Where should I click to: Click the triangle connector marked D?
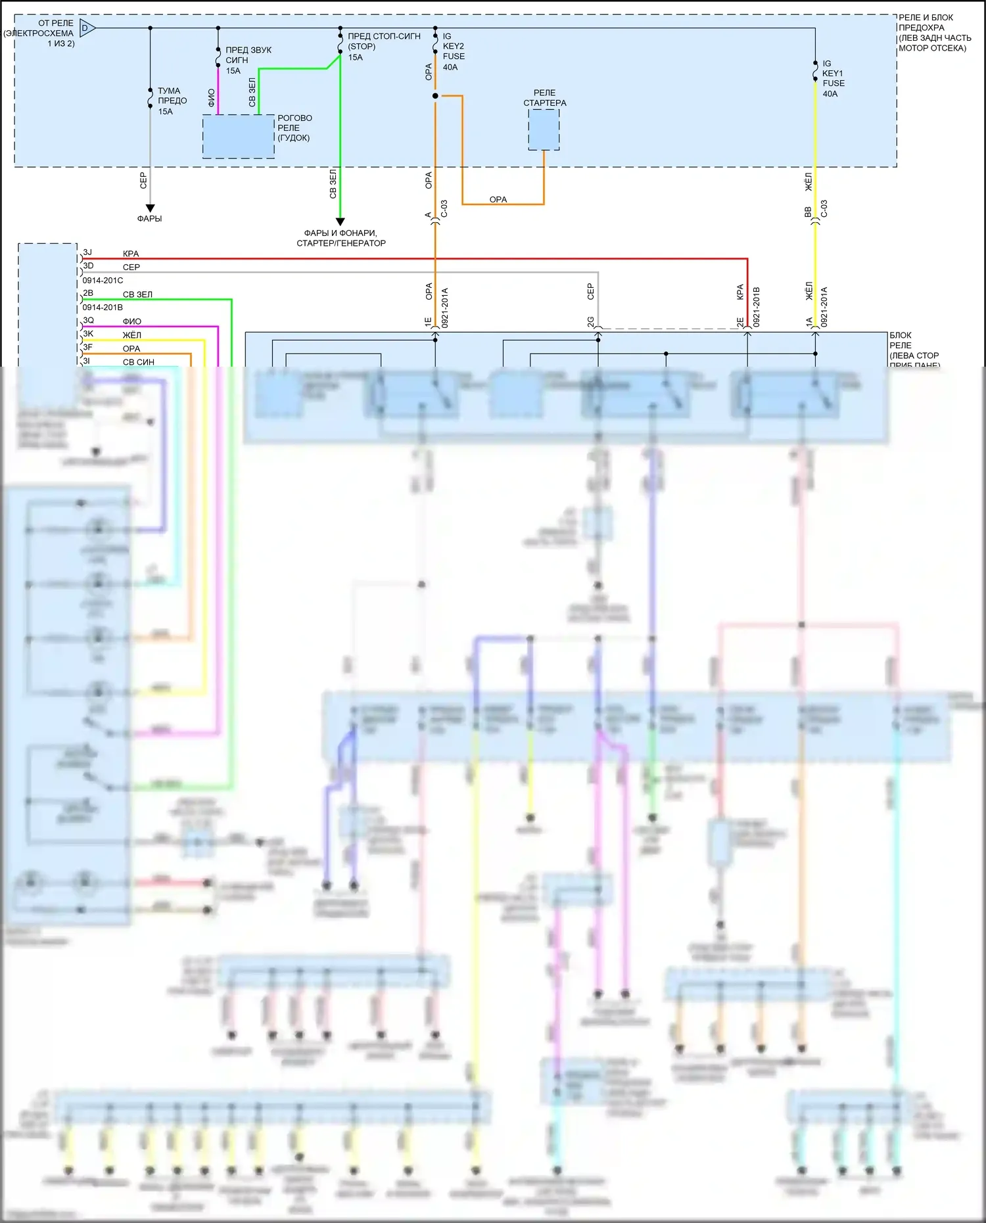(x=87, y=28)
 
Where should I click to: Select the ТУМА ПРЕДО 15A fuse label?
(x=172, y=101)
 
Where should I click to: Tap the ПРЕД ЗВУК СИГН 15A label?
(x=248, y=60)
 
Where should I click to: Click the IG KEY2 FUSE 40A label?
(x=453, y=51)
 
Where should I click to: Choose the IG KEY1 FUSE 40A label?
(x=833, y=78)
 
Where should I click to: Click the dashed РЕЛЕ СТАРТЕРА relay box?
(x=544, y=129)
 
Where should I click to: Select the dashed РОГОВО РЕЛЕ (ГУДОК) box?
(x=238, y=136)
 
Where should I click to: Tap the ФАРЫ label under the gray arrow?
(x=149, y=219)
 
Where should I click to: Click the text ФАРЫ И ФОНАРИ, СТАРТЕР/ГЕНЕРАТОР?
(x=340, y=238)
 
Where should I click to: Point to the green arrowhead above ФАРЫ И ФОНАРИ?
(x=340, y=222)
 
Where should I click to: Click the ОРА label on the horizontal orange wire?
(x=498, y=199)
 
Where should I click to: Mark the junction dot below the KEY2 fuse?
(x=435, y=96)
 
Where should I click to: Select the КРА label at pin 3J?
(x=131, y=254)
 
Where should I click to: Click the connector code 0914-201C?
(x=103, y=281)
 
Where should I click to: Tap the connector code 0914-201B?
(x=103, y=308)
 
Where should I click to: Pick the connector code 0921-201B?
(x=756, y=306)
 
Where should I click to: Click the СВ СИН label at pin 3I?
(x=139, y=362)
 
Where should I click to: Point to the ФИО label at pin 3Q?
(x=131, y=321)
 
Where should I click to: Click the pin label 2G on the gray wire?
(x=590, y=321)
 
